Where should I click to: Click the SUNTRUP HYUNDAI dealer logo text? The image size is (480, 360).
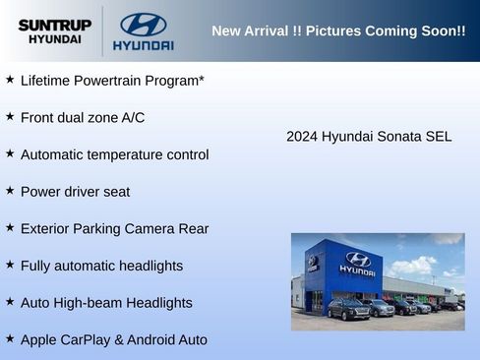[x=54, y=31]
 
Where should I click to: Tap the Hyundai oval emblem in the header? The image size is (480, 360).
[x=143, y=25]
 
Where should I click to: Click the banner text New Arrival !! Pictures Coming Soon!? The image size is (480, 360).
[x=338, y=30]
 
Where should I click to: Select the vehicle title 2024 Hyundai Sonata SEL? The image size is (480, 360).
[x=369, y=137]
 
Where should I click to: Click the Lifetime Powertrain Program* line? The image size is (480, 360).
[x=112, y=81]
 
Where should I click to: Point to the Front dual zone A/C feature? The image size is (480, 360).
[x=83, y=118]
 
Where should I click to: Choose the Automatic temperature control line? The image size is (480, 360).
[x=114, y=154]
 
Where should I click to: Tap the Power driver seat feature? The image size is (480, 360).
[x=75, y=192]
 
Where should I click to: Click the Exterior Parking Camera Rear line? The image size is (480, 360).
[x=114, y=229]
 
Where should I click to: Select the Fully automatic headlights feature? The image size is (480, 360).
[x=101, y=266]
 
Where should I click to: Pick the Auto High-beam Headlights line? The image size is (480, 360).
[x=106, y=303]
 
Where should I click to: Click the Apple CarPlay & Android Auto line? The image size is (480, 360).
[x=113, y=340]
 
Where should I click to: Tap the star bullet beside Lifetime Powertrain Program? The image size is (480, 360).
[x=10, y=79]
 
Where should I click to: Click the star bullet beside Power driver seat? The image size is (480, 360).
[x=10, y=190]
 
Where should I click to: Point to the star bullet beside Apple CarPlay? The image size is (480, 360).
[x=10, y=338]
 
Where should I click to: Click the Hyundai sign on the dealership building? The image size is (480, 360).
[x=357, y=263]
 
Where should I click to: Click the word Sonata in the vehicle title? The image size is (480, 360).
[x=399, y=137]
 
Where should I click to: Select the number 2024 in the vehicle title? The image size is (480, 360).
[x=302, y=137]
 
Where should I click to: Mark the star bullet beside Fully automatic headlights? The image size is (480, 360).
[x=10, y=264]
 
